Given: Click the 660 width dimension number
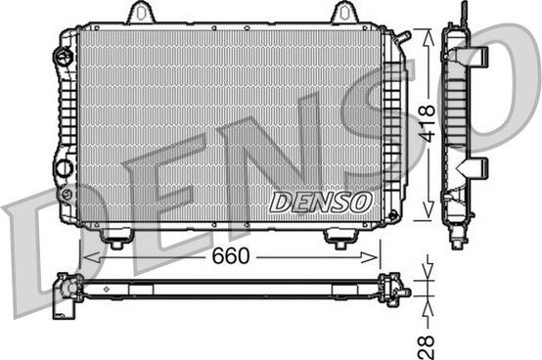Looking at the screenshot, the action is (x=231, y=256).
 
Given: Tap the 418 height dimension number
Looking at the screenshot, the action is (x=427, y=123).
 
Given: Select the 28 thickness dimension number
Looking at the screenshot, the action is (x=427, y=346).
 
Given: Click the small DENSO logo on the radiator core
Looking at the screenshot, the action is (x=321, y=202).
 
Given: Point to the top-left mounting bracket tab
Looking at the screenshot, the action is (x=140, y=13).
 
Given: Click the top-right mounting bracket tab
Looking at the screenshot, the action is (x=343, y=13).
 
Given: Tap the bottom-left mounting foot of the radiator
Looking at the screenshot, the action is (x=116, y=238).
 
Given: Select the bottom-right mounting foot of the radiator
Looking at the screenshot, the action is (x=340, y=239).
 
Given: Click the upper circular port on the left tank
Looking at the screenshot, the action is (x=63, y=56).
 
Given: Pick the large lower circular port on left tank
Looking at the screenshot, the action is (x=65, y=168).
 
